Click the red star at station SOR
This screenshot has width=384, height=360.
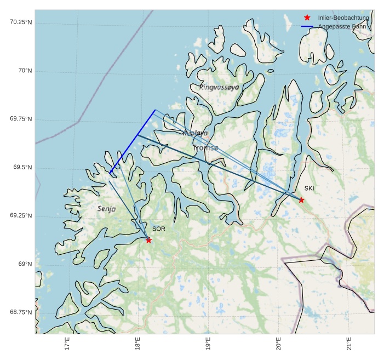click(148, 240)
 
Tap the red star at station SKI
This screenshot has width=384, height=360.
click(301, 200)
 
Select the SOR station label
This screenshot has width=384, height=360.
click(159, 229)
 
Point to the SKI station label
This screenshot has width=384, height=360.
click(310, 189)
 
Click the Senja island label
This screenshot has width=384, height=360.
click(106, 209)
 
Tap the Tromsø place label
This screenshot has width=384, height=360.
click(205, 148)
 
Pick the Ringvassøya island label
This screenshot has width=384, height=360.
click(219, 87)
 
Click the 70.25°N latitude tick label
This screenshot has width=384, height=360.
click(21, 22)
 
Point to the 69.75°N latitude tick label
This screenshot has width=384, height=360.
click(21, 119)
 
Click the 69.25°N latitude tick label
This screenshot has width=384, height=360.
click(21, 215)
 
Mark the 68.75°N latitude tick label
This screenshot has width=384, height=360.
click(21, 312)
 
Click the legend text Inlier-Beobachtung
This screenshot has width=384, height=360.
click(343, 18)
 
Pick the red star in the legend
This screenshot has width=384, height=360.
click(307, 18)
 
